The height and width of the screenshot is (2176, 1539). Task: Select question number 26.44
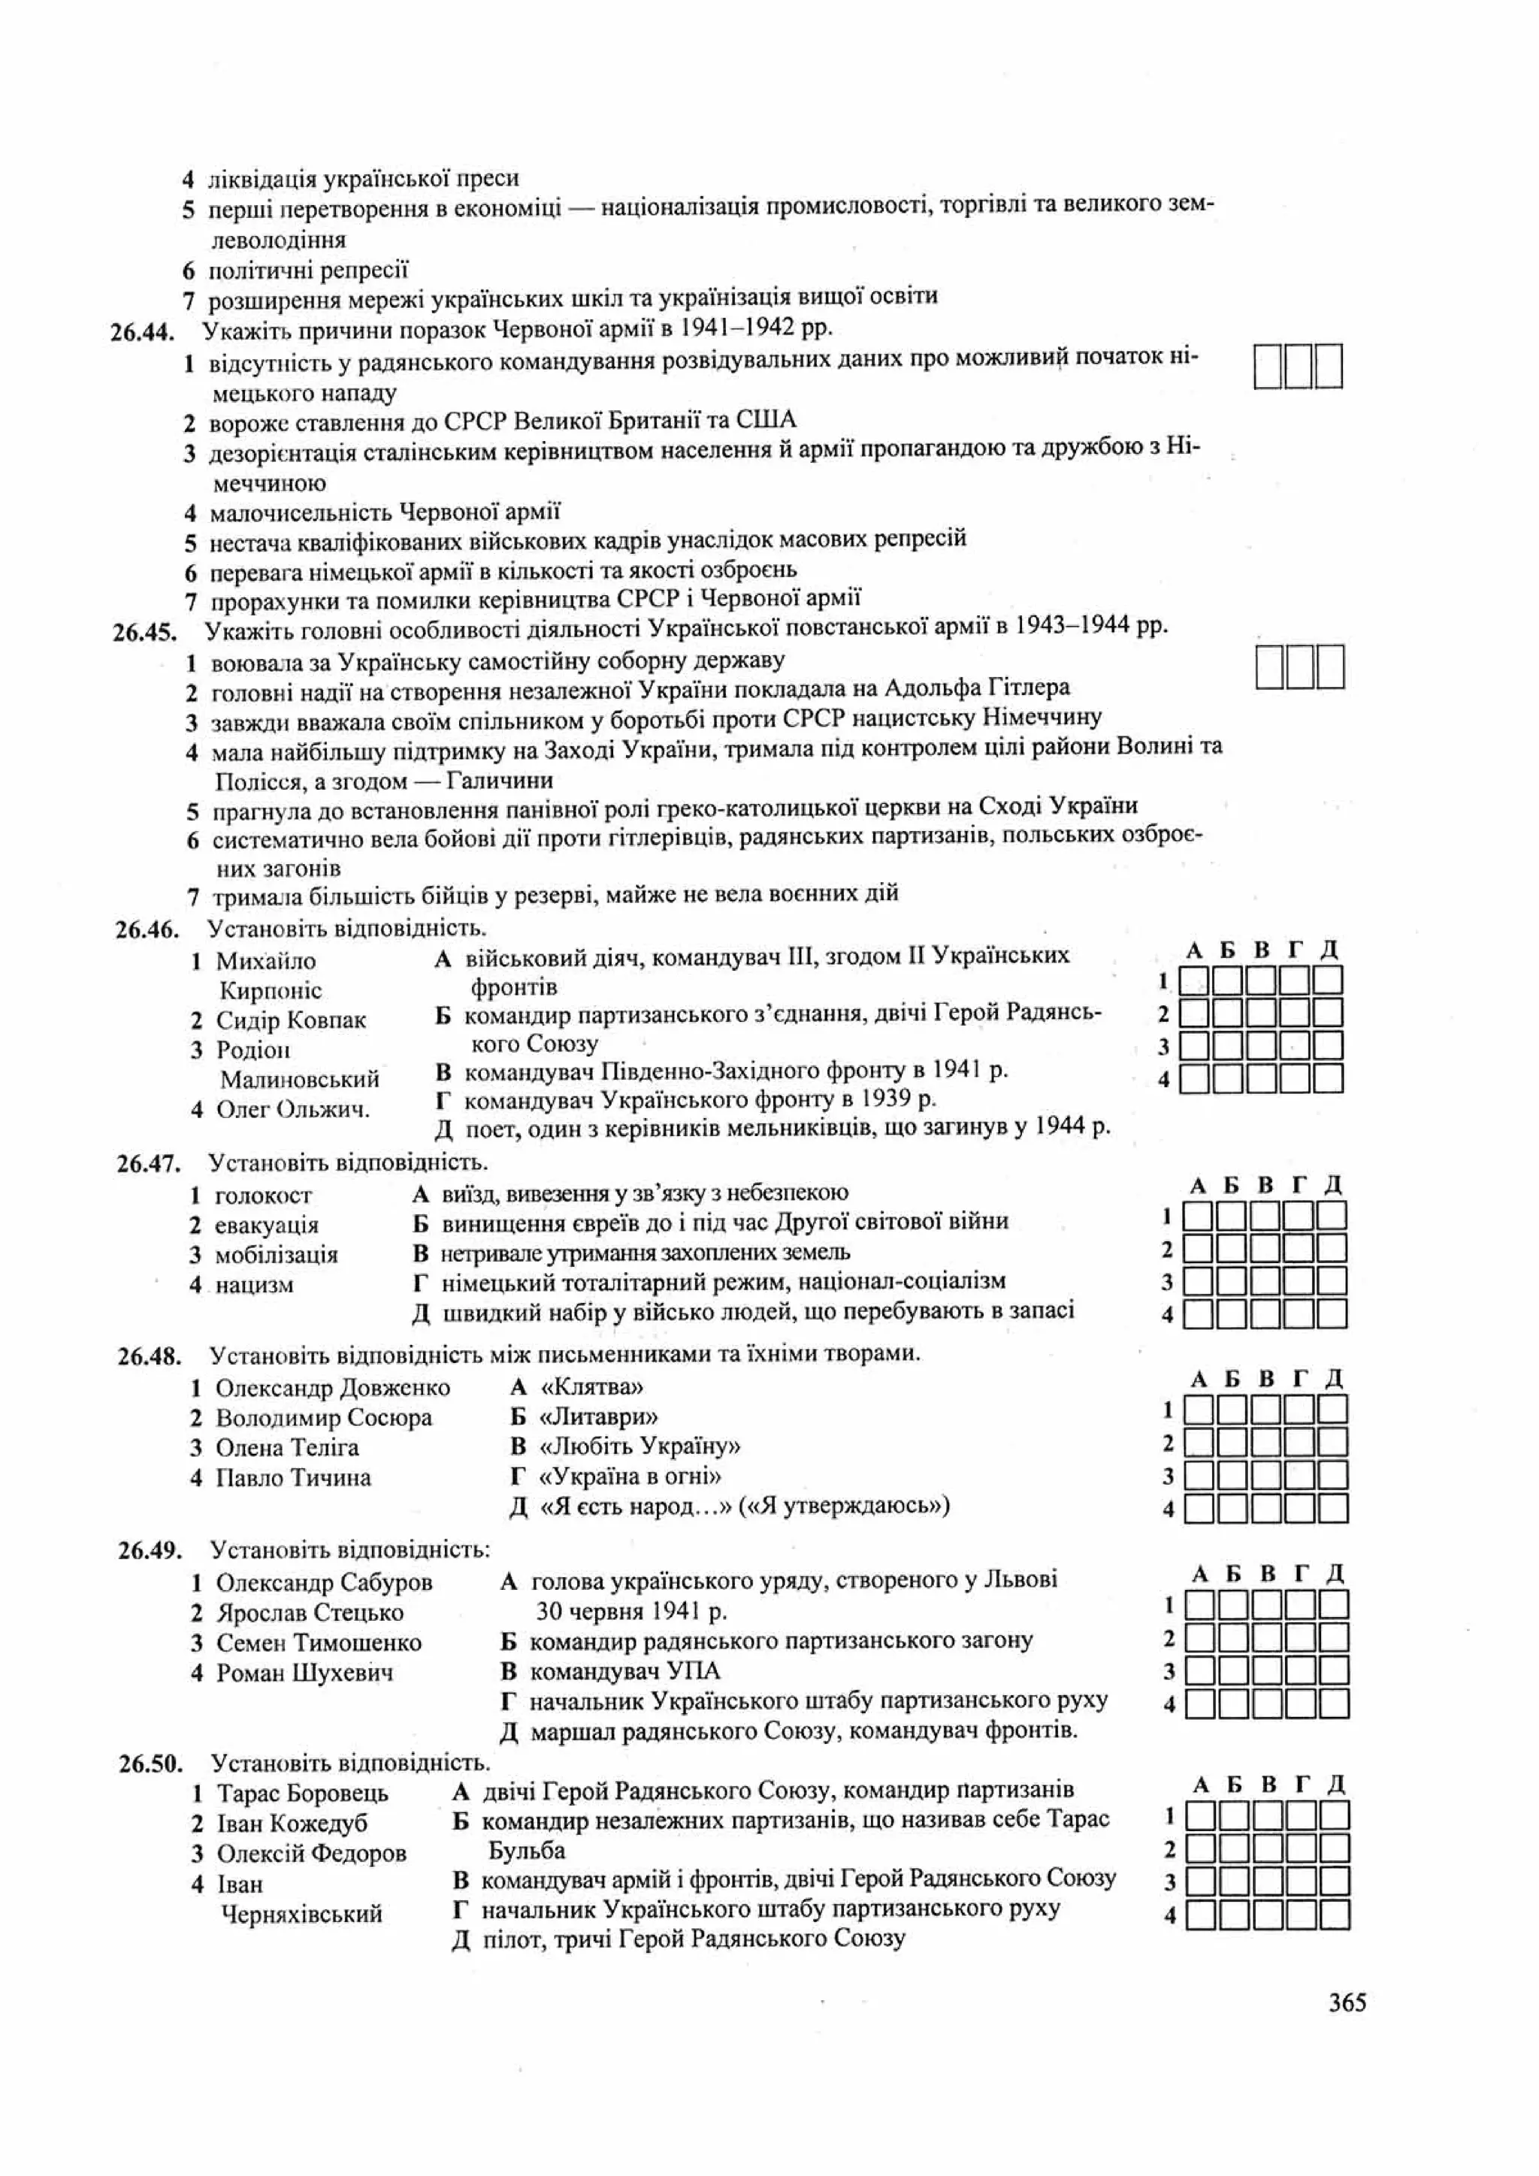pos(143,333)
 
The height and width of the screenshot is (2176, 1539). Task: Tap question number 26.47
pos(149,1164)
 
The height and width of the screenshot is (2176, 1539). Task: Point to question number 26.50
pos(150,1763)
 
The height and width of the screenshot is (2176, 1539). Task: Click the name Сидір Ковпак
pos(290,1020)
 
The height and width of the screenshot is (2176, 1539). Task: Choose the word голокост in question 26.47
pos(262,1195)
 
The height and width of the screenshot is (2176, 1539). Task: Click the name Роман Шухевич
pos(304,1673)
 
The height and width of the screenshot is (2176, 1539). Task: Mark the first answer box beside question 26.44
pos(1268,367)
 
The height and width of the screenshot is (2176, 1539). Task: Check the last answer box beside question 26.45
pos(1329,667)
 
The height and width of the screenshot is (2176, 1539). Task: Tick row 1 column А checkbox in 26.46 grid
pos(1194,980)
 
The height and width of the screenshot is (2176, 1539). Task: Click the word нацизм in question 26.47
pos(254,1285)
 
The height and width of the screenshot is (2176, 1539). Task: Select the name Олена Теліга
pos(287,1447)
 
